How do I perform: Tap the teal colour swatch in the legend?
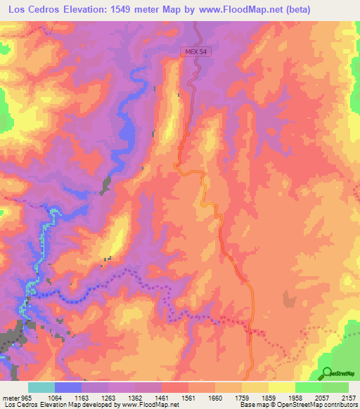(41, 387)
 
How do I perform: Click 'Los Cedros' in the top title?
(34, 9)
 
